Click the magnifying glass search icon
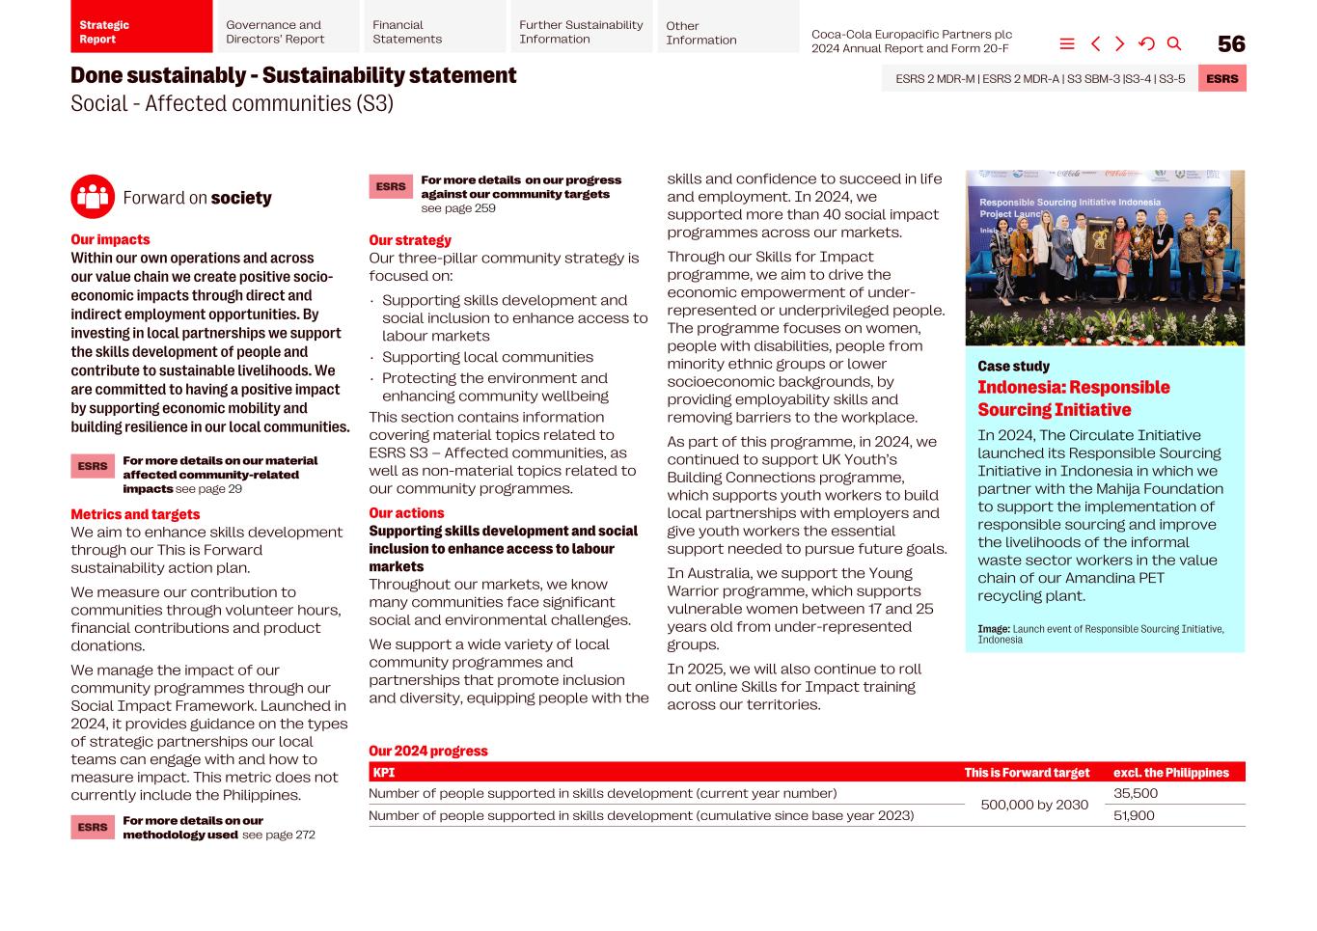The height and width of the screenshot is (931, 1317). (x=1174, y=43)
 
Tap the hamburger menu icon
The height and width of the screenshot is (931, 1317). (x=1067, y=43)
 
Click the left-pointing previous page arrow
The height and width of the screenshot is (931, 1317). (x=1095, y=43)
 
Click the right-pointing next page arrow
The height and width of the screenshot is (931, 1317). (x=1120, y=43)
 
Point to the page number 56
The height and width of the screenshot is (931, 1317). (x=1231, y=44)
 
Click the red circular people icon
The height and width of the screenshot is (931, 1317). (x=93, y=197)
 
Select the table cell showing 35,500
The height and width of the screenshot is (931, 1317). (x=1135, y=793)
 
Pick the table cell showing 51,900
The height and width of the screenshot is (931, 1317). (x=1134, y=815)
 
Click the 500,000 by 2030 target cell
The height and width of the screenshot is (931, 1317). (x=1034, y=805)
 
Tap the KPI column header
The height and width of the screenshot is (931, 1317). (x=384, y=773)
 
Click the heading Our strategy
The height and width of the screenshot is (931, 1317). (x=410, y=240)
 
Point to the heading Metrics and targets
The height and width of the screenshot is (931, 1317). (x=135, y=514)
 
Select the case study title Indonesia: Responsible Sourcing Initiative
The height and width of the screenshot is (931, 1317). (x=1073, y=398)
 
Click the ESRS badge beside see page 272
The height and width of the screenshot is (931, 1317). (x=93, y=827)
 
